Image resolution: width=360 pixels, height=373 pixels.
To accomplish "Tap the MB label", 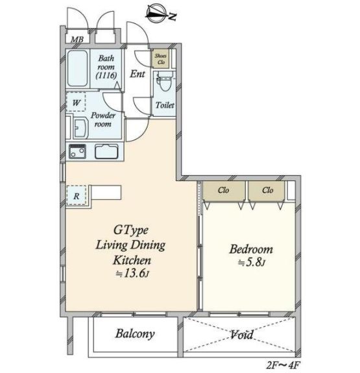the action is click(x=77, y=40).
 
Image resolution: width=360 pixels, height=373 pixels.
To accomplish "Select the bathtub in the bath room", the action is click(x=77, y=69).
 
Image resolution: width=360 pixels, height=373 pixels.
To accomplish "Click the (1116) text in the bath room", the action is click(x=106, y=76).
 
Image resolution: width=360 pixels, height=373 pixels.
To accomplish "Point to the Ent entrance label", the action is click(x=138, y=74).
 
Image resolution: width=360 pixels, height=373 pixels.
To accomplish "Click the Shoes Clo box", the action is click(x=161, y=58).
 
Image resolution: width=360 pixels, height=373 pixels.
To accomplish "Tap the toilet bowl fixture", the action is click(x=164, y=81).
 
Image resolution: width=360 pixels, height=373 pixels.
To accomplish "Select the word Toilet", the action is click(x=165, y=105).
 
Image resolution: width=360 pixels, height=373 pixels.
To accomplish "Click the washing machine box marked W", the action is click(x=76, y=102).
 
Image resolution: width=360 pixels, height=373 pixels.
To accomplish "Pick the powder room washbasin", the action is click(x=80, y=128).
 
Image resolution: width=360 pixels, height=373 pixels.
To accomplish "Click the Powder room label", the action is click(x=103, y=119).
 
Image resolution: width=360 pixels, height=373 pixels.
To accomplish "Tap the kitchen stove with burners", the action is click(x=77, y=151).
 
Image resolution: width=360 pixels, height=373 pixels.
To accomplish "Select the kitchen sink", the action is click(x=106, y=151).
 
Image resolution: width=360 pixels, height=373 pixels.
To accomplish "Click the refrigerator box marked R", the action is click(x=76, y=195).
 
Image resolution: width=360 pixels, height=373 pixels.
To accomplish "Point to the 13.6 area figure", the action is click(x=132, y=274).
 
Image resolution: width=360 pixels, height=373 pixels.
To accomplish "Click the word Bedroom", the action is click(x=251, y=249).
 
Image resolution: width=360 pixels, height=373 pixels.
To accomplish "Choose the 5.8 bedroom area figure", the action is click(x=252, y=262).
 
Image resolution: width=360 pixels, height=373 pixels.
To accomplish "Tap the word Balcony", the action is click(x=135, y=333).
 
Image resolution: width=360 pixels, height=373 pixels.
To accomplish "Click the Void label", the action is click(x=241, y=335).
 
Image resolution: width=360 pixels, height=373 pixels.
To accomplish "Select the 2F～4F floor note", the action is click(x=283, y=365).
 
